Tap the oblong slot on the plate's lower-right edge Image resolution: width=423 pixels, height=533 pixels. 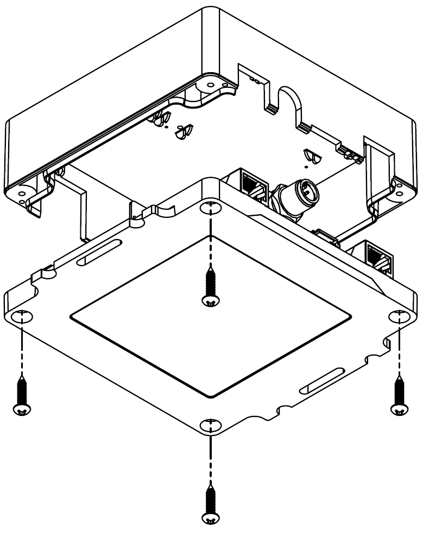[x=324, y=380]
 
